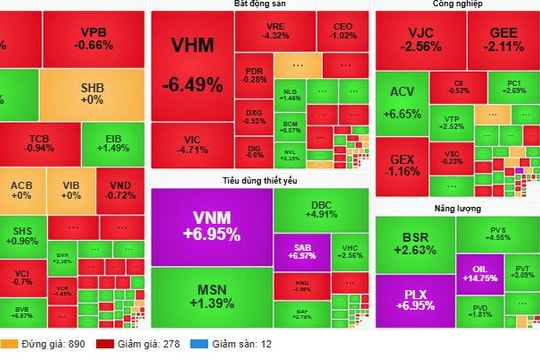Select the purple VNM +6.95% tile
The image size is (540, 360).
click(x=211, y=225)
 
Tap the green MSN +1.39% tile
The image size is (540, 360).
click(x=211, y=294)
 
